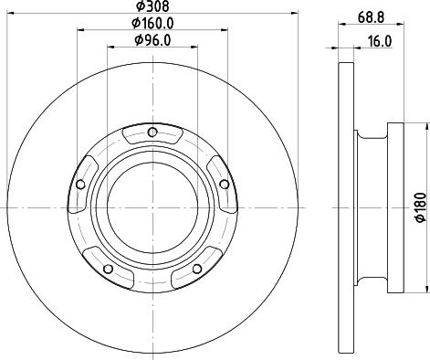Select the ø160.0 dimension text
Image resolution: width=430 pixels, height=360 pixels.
point(154,23)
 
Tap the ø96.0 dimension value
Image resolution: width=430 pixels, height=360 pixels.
point(154,39)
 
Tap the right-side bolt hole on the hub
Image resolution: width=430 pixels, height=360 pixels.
point(223,185)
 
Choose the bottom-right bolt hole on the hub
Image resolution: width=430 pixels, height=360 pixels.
point(195,268)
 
